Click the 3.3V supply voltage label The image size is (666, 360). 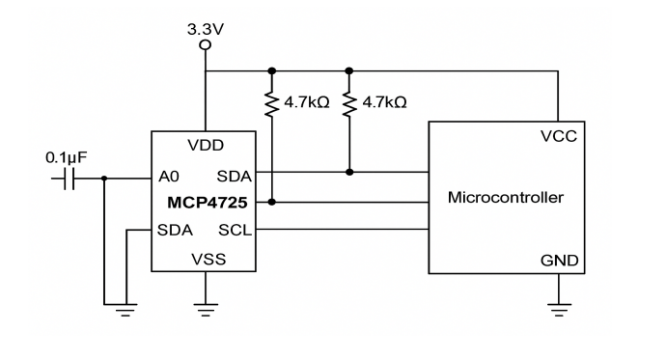tap(205, 29)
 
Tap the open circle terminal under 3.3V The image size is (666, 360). tap(205, 45)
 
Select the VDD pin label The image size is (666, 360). tap(205, 146)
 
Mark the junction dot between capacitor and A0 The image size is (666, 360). tap(104, 178)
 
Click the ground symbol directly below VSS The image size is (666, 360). tap(205, 308)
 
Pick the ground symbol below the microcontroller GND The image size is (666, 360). tap(558, 308)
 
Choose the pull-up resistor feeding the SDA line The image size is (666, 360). tap(349, 101)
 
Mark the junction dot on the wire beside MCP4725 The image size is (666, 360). tap(273, 202)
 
